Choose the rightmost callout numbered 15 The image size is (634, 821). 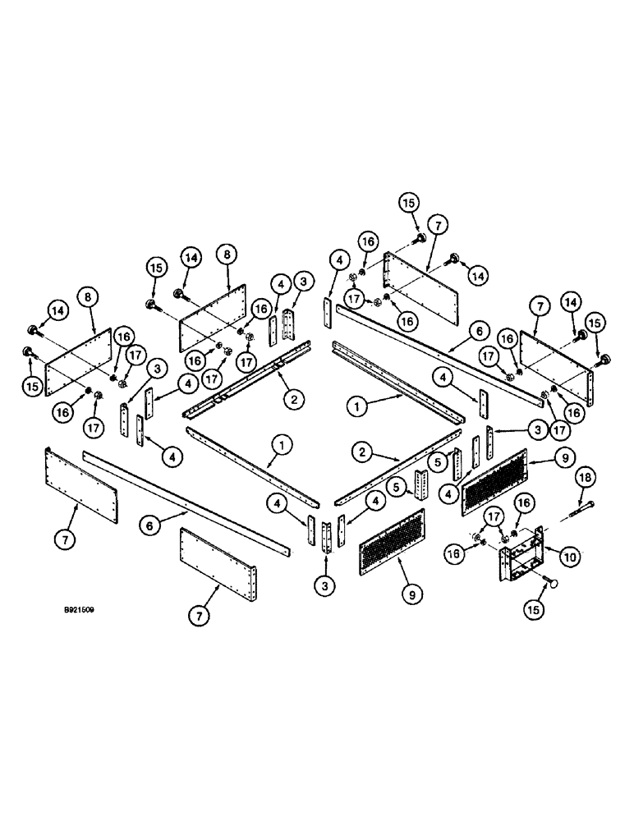click(596, 320)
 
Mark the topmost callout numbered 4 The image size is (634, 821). click(337, 262)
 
